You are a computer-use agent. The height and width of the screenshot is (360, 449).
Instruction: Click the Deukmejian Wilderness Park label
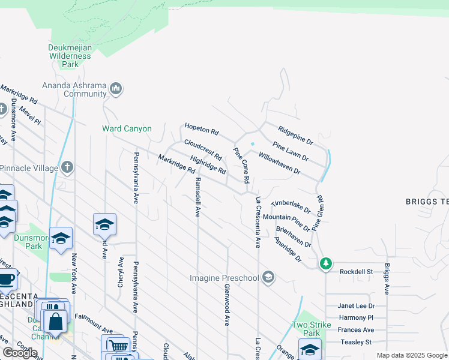click(70, 56)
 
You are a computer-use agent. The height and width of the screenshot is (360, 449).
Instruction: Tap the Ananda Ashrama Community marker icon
click(116, 89)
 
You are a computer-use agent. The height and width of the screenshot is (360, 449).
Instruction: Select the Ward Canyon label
click(127, 128)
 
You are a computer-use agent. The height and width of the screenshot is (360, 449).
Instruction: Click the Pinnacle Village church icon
click(67, 167)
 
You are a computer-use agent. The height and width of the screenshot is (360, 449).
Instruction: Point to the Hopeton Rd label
click(202, 128)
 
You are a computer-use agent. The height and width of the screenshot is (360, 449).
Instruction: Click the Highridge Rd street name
click(208, 165)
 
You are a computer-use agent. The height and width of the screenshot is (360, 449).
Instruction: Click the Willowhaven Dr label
click(279, 163)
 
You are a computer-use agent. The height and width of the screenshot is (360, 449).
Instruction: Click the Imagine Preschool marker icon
click(268, 277)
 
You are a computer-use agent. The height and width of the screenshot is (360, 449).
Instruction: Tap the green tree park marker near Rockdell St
click(325, 263)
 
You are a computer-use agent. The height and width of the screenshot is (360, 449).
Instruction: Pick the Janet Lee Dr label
click(356, 305)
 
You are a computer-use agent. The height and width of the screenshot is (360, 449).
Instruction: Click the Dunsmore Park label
click(28, 241)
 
